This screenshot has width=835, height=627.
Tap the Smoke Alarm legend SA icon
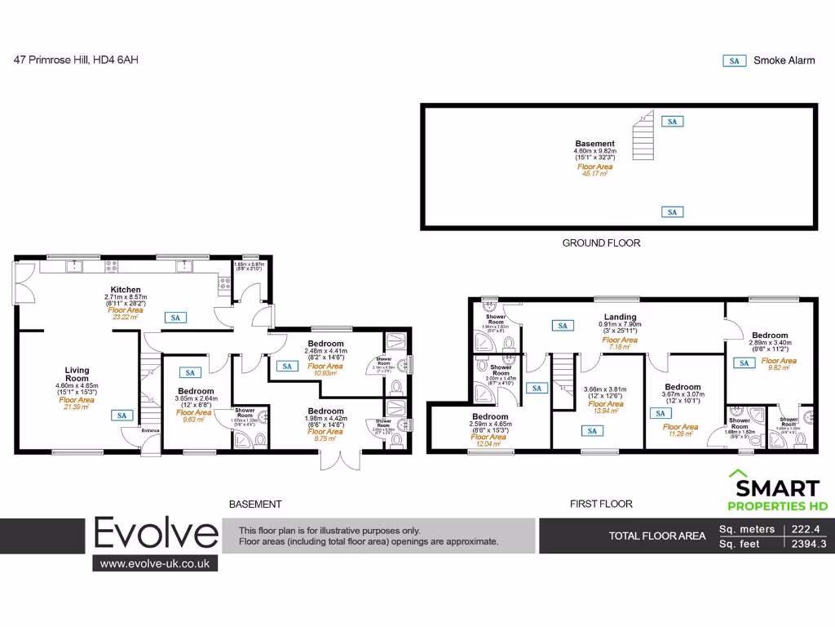click(735, 60)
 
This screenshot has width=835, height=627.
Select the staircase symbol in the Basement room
click(643, 136)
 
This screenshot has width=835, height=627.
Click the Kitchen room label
click(126, 290)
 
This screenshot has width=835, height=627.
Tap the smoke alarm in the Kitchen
click(175, 318)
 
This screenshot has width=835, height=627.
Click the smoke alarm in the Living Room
click(122, 415)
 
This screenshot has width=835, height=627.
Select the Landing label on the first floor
click(620, 318)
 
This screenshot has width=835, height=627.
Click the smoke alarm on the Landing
click(562, 326)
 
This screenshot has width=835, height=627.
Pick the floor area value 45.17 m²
click(594, 173)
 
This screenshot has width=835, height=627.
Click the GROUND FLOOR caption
click(601, 242)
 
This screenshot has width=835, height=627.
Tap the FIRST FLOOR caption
click(601, 504)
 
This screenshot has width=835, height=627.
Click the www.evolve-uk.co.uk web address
click(154, 563)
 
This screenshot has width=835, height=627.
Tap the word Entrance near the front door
click(152, 430)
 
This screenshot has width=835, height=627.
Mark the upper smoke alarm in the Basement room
click(672, 122)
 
